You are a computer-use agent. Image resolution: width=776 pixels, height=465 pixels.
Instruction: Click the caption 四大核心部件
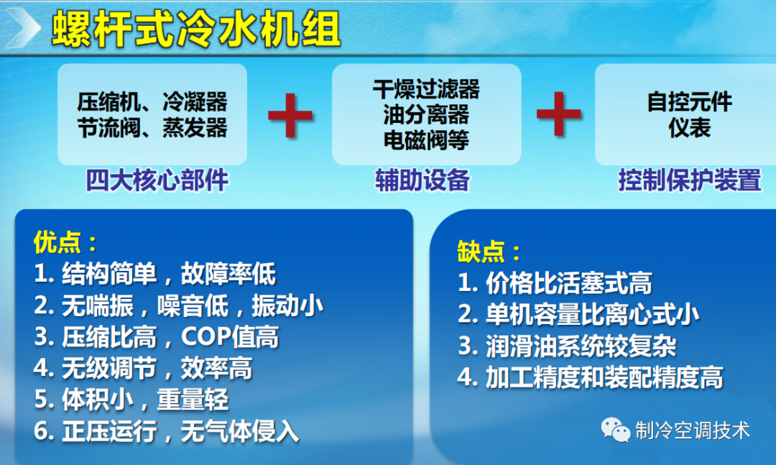[157, 180]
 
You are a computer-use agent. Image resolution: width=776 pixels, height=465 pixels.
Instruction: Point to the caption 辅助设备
[422, 180]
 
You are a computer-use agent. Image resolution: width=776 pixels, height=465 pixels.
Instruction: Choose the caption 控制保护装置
[689, 180]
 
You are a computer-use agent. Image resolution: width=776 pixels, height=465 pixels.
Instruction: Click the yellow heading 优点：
[65, 242]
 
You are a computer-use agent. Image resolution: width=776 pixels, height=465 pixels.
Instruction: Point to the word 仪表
[689, 127]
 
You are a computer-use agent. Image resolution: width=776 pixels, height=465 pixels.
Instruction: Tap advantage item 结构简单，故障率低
[154, 274]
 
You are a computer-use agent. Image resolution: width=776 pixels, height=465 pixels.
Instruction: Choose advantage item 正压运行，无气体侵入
[166, 432]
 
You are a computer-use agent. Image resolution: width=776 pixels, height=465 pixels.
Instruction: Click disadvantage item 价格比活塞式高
[555, 283]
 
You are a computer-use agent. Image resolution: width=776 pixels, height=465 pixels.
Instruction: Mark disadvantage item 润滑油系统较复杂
[567, 346]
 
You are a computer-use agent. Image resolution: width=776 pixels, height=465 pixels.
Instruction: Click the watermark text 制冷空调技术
[693, 431]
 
